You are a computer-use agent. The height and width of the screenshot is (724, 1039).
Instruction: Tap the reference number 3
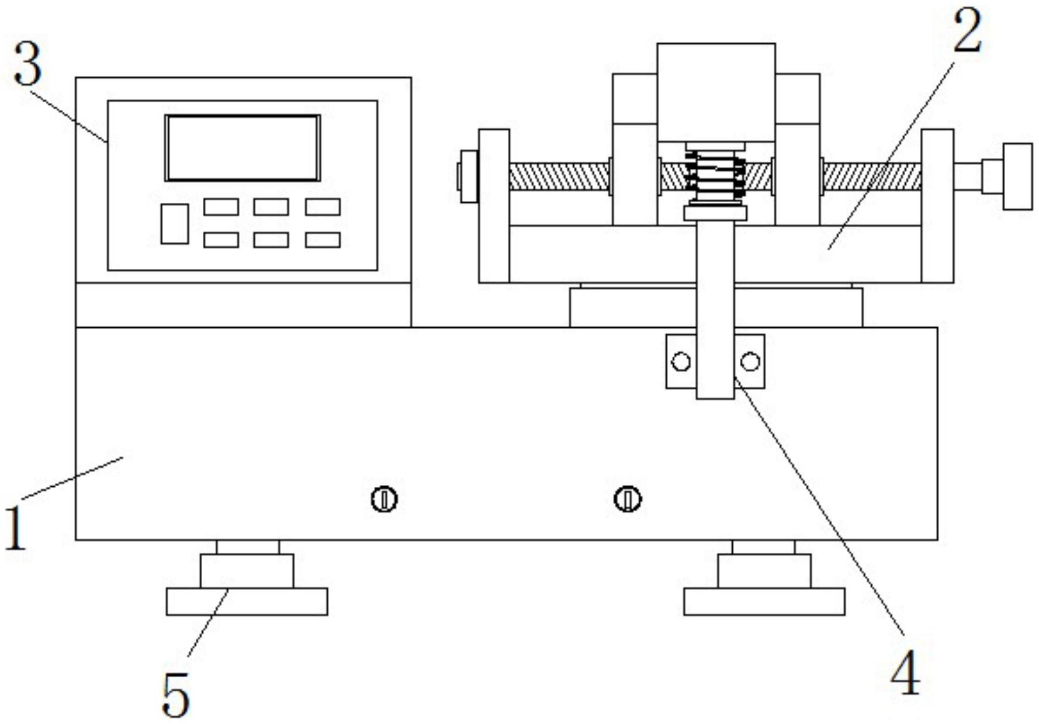27,64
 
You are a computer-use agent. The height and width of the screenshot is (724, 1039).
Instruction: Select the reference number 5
175,695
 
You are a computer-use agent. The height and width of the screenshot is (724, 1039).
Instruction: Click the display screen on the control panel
243,148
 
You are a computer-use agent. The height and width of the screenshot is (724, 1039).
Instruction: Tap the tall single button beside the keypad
175,224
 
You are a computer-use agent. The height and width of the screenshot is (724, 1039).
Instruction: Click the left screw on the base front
384,500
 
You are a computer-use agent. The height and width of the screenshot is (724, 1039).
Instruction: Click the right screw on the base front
628,500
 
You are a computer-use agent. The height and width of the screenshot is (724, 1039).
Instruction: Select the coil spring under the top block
716,175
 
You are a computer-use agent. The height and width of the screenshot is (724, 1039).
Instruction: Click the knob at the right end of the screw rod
1017,176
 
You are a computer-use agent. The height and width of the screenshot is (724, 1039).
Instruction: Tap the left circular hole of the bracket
681,362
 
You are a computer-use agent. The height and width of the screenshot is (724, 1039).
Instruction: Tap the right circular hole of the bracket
750,362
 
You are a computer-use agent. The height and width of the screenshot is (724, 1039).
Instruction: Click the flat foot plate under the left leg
247,601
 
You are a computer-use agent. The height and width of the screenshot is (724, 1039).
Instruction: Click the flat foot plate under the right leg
764,601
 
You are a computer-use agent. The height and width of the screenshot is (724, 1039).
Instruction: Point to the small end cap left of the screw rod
468,176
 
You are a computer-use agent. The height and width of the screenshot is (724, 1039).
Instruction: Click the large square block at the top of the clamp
716,92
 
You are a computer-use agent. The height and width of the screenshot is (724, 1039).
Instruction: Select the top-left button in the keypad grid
221,207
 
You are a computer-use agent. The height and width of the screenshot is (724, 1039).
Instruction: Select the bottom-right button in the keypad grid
323,240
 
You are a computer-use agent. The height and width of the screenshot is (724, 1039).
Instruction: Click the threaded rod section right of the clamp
872,176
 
